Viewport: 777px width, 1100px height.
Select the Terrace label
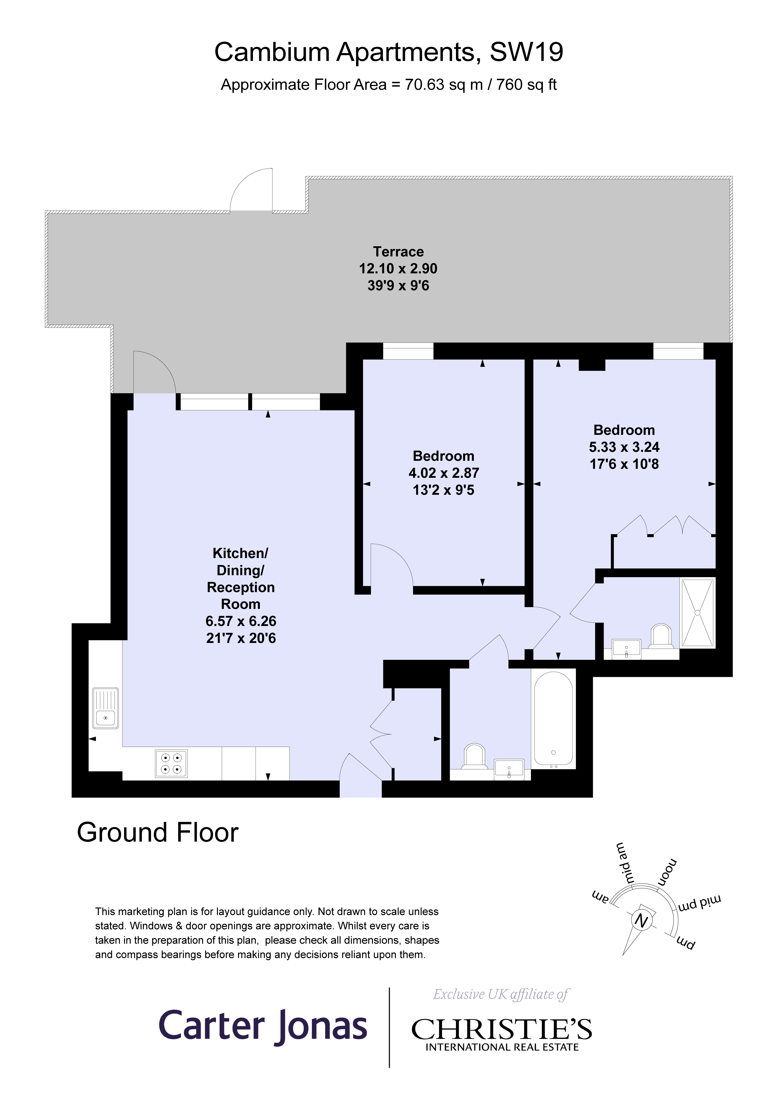click(398, 252)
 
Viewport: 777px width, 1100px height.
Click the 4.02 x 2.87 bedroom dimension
click(444, 473)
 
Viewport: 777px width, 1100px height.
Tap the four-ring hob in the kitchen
click(171, 763)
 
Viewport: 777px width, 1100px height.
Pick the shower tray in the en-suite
click(698, 613)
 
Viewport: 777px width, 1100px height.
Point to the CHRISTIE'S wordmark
click(502, 1029)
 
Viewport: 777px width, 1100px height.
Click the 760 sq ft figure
click(526, 85)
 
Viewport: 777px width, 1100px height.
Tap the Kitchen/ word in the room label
click(240, 553)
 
